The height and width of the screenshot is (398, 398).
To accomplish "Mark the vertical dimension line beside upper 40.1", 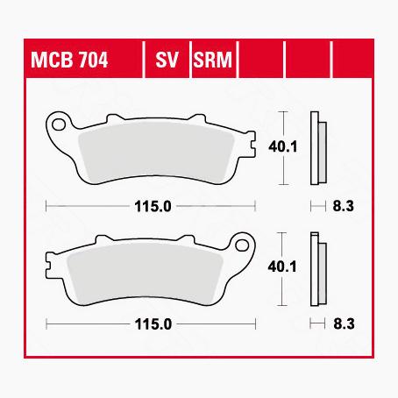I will point(282,148).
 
